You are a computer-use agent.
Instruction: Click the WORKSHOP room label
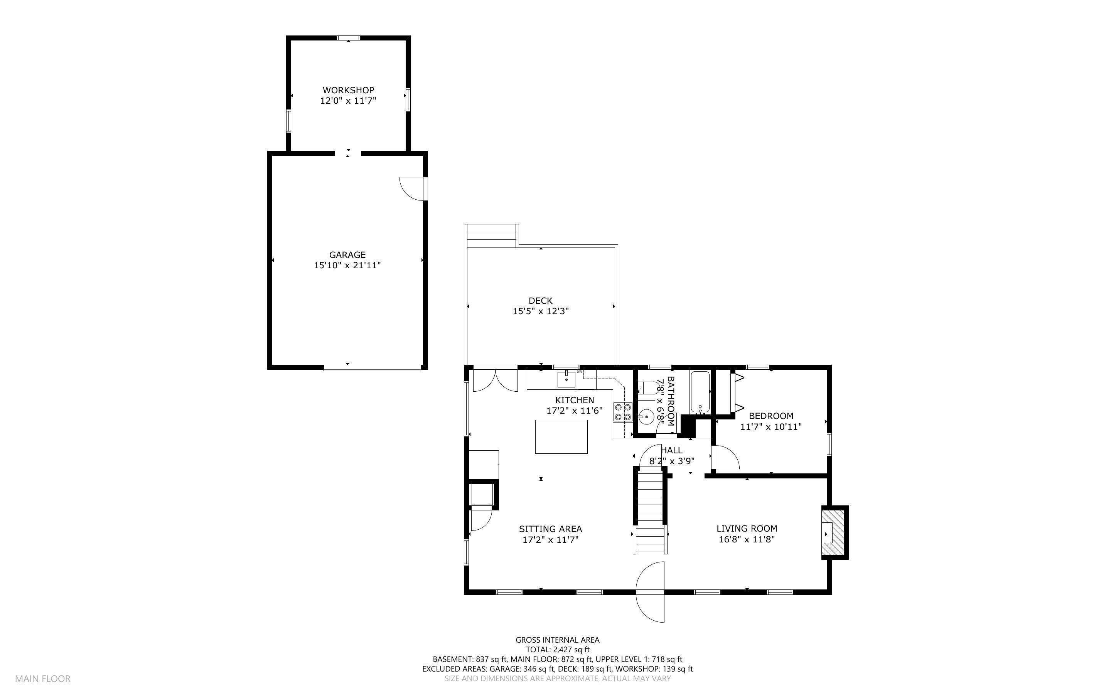click(348, 90)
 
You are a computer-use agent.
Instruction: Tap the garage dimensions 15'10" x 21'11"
click(347, 266)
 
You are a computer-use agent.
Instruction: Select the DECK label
click(540, 301)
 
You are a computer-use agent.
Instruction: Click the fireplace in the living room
click(835, 533)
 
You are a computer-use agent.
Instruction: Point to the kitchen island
click(561, 436)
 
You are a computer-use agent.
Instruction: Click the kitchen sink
click(566, 379)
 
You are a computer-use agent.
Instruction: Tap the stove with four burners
click(622, 412)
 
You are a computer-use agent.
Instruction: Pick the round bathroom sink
click(646, 417)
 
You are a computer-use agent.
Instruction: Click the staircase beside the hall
click(649, 511)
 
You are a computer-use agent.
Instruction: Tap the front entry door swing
click(651, 592)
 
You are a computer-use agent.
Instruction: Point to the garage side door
click(413, 189)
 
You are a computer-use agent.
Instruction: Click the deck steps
click(491, 236)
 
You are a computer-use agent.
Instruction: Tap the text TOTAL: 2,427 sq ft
click(558, 650)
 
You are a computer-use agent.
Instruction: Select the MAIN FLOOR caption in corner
click(43, 678)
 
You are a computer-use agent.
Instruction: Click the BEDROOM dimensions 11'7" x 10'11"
click(771, 427)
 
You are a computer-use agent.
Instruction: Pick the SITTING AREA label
click(550, 529)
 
